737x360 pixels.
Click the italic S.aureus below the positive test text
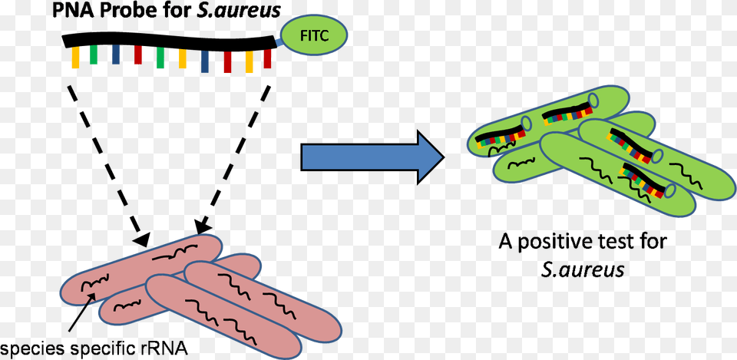[583, 269]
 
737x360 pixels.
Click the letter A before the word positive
[504, 243]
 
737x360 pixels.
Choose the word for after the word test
[653, 243]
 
